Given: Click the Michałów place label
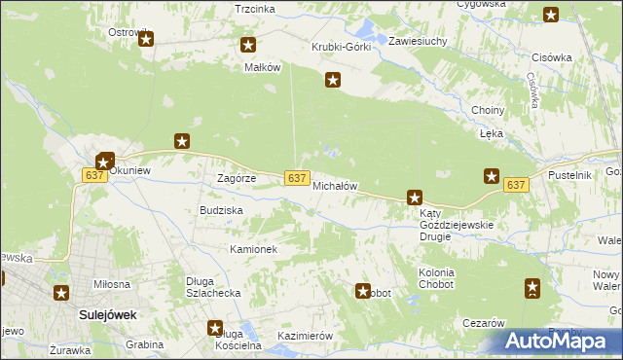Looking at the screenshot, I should [x=336, y=186].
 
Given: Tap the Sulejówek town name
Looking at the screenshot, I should [x=107, y=315].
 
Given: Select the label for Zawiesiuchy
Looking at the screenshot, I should [x=417, y=42].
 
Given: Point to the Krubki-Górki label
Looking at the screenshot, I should [x=341, y=47].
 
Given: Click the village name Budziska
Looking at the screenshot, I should [x=221, y=210].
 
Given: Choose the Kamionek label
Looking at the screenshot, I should [x=253, y=250].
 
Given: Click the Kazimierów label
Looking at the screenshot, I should [x=305, y=336].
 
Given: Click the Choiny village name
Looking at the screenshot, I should [x=487, y=111].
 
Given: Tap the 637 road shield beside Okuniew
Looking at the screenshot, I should [x=94, y=174].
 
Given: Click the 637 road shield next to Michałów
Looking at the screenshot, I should [x=298, y=177].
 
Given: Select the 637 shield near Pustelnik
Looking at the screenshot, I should [x=516, y=185].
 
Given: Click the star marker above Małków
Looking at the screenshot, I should [x=248, y=45].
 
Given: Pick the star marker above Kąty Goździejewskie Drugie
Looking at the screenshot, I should [x=415, y=198].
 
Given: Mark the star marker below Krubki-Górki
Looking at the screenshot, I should [x=333, y=81].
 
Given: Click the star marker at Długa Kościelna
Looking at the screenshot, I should [x=215, y=329].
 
